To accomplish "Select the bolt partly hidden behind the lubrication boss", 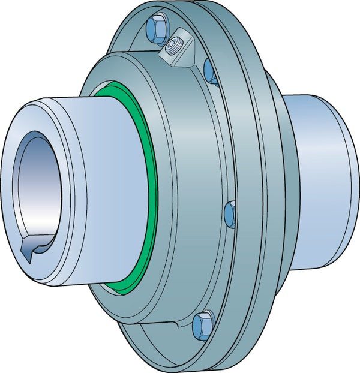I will [209, 71].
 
